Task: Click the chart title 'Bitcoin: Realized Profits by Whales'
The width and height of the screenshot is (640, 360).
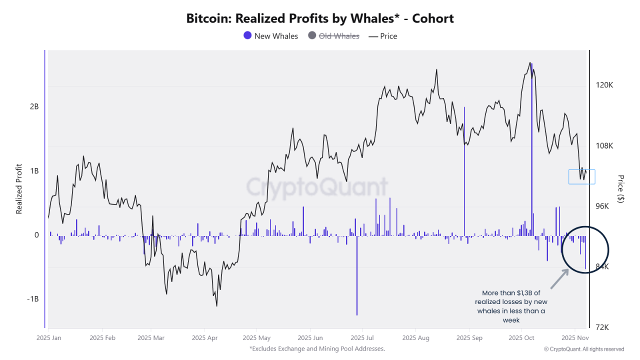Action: coord(320,19)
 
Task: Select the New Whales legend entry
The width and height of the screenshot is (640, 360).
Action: coord(270,36)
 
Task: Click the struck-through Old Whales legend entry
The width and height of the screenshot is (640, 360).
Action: coord(333,36)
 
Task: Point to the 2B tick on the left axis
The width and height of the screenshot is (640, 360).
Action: coord(34,107)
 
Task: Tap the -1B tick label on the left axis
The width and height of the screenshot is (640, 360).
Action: coord(32,299)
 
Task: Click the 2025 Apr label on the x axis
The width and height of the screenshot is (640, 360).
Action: coord(205,338)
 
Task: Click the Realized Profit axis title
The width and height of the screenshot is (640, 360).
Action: coord(19,189)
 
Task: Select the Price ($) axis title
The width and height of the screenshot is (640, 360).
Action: coord(621,189)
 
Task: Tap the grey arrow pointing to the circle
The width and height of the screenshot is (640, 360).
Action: coord(559,279)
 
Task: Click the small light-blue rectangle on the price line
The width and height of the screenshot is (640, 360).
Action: coord(581,177)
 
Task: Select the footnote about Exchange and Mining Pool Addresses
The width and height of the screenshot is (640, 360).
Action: coord(317,348)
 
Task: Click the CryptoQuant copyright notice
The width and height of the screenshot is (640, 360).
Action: coord(584,349)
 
